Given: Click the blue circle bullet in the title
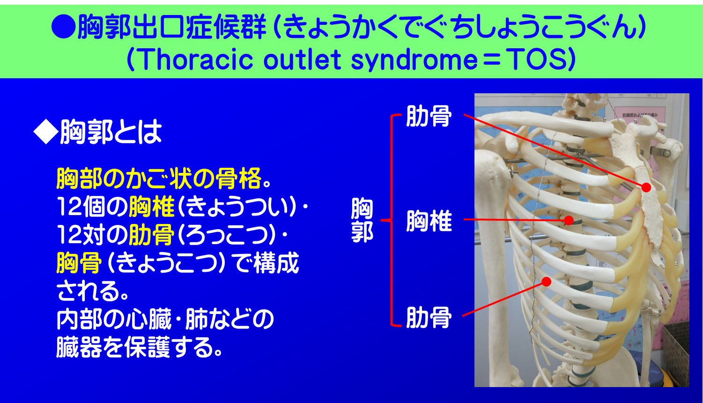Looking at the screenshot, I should coord(63,27).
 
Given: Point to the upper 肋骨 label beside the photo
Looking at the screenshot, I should coord(428,116).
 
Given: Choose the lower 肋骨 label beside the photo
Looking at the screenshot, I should coord(428,318).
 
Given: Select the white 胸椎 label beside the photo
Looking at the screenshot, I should coord(429,221).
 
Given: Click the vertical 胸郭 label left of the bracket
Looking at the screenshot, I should coord(362,221).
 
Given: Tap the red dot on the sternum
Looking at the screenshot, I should coord(646,187).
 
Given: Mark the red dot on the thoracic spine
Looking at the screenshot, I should coord(569,220).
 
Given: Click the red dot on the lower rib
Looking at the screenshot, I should coord(546,281).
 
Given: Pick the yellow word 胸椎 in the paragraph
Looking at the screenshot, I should coord(151,207).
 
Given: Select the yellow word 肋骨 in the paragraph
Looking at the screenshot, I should coord(151,235).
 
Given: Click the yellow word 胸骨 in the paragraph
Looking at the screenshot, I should coord(79,263).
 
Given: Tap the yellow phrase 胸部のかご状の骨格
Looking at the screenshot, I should coord(158,179).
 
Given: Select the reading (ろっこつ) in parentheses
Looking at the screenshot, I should coord(229,236).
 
